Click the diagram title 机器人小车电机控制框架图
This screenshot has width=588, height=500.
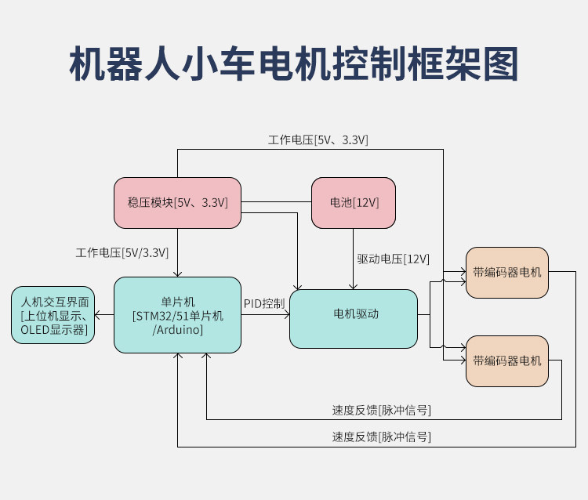coord(294,63)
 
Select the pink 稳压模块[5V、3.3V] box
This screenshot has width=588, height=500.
coord(177,203)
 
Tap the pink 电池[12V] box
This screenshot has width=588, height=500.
coord(354,203)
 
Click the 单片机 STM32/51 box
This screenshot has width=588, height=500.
coord(177,315)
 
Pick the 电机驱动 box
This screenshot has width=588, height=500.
coord(354,319)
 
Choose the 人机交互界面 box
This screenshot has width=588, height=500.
coord(53,315)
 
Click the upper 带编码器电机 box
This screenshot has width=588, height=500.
coord(507,273)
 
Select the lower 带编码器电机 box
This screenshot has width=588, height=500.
coord(507,361)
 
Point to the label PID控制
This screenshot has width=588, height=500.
coord(264,303)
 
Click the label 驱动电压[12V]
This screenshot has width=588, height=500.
coord(393,259)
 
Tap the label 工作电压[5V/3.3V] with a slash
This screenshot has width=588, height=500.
coord(122,252)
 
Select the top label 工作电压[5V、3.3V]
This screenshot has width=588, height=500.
coord(318,139)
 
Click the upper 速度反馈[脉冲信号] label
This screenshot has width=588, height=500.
coord(381,410)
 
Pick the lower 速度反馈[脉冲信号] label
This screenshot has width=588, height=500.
coord(381,437)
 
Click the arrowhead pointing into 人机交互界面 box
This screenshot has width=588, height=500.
coord(96,315)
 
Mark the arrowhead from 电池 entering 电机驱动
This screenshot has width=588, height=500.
coord(353,287)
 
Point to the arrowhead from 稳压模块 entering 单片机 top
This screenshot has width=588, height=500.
coord(177,274)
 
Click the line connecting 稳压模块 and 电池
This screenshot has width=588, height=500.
coord(276,202)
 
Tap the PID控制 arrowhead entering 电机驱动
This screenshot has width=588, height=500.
coord(287,315)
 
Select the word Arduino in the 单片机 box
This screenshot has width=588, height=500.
coord(179,330)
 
